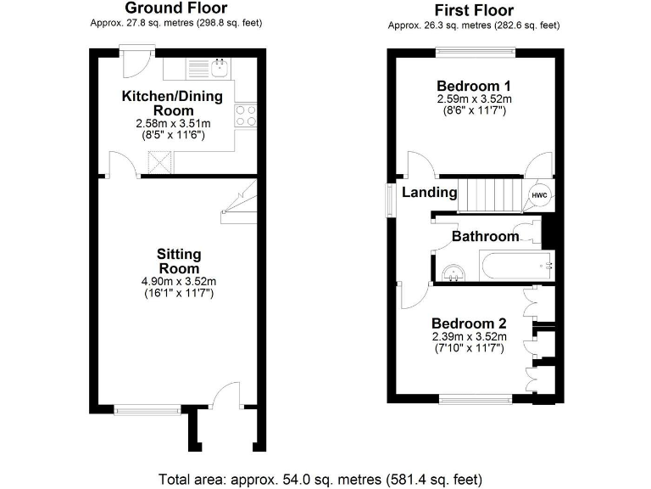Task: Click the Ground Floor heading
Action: click(x=175, y=8)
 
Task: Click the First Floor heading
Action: click(x=474, y=10)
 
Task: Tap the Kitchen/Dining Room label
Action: click(x=172, y=104)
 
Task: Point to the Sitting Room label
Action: click(x=178, y=261)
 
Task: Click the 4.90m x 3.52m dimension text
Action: click(x=178, y=282)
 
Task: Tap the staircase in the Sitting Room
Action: click(x=239, y=205)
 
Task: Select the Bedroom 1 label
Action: click(x=474, y=86)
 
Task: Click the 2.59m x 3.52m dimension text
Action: click(x=474, y=99)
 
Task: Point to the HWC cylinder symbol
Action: click(x=539, y=196)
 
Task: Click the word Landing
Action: click(x=430, y=193)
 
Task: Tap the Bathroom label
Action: click(x=485, y=237)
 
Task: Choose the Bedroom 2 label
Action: click(x=469, y=323)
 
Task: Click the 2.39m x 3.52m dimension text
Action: click(x=469, y=337)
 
